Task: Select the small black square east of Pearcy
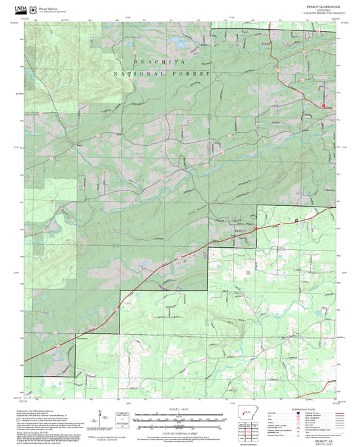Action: pos(296,220)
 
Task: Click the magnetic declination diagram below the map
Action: pos(101,418)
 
